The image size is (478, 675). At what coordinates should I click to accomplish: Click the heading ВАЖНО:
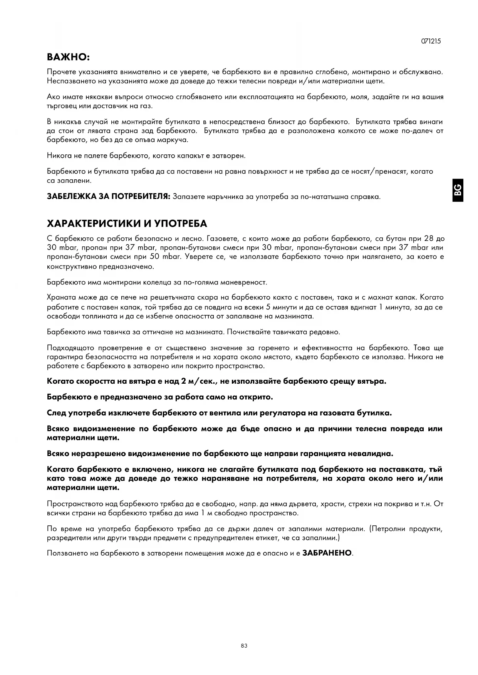(68, 58)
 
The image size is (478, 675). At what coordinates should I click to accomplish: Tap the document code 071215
(431, 41)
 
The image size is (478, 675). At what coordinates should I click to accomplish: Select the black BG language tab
(458, 190)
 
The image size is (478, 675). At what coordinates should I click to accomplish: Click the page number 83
(244, 646)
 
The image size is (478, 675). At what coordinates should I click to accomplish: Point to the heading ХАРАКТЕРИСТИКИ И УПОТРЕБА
(127, 224)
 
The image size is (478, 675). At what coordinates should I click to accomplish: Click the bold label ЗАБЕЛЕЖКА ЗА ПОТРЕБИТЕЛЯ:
(108, 197)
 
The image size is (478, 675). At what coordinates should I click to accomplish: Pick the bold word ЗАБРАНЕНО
(327, 553)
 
